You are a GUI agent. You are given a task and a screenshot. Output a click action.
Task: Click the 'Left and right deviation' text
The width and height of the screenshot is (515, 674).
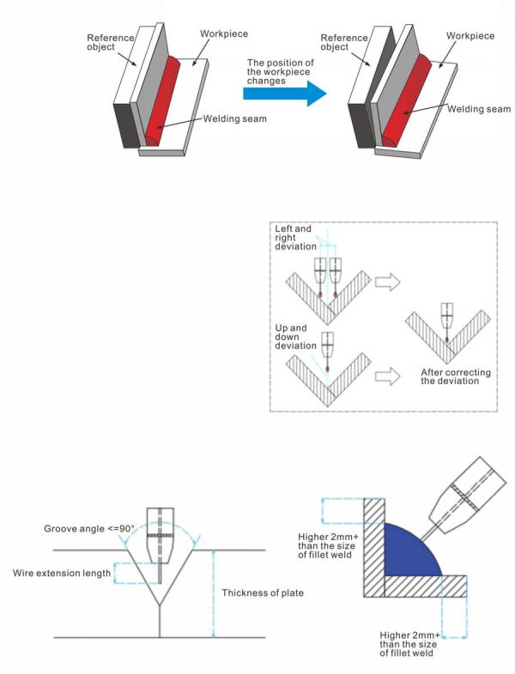tap(295, 237)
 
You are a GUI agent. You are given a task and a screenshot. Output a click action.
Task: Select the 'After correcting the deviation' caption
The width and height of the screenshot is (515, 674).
tap(450, 376)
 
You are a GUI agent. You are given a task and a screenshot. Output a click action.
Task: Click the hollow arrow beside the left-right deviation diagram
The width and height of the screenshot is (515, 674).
tap(391, 280)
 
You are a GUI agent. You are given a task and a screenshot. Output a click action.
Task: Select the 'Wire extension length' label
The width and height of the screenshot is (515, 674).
tap(61, 573)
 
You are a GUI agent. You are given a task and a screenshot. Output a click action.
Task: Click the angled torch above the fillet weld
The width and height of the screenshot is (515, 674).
tap(464, 497)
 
